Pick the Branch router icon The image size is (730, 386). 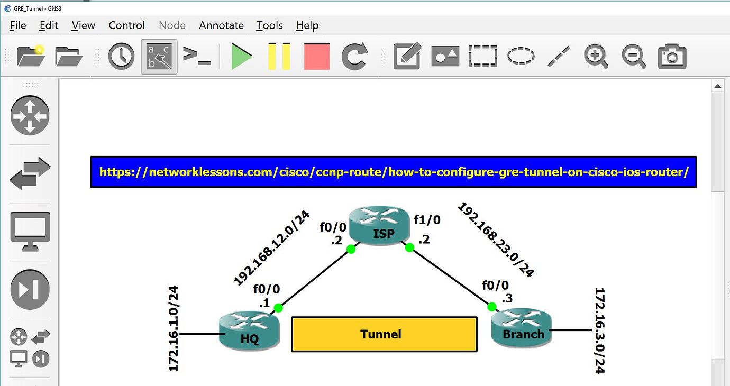click(522, 328)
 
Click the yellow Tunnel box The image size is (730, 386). click(384, 334)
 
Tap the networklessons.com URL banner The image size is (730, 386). click(394, 172)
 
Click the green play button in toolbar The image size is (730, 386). click(242, 56)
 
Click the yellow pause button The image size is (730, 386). click(279, 56)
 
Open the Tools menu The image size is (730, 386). click(270, 25)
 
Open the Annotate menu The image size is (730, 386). click(221, 25)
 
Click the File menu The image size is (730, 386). click(17, 25)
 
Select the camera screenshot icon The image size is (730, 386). click(672, 56)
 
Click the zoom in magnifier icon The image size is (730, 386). click(596, 56)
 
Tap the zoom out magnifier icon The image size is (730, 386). click(634, 56)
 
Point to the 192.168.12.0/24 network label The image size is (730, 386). click(271, 248)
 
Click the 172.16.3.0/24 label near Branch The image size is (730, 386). click(599, 330)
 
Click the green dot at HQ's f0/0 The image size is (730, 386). click(279, 308)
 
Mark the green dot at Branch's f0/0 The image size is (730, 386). click(492, 307)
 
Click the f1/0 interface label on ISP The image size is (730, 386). click(427, 219)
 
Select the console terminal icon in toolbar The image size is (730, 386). click(197, 56)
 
